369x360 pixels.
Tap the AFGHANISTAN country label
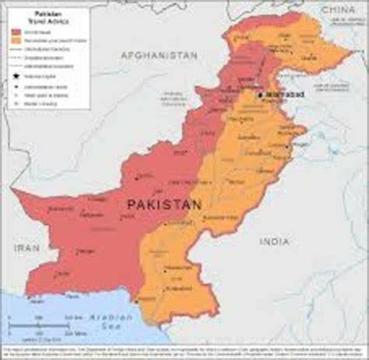tap(160, 56)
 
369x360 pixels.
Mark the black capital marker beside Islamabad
tap(262, 93)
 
